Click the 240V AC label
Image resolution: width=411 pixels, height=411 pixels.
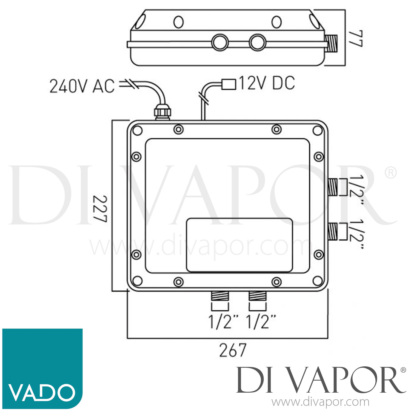82,86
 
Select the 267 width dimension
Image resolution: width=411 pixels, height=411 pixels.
233,350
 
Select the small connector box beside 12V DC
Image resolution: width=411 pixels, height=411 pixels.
229,84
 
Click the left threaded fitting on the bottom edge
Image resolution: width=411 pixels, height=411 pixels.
220,296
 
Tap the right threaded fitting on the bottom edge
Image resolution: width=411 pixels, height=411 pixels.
257,296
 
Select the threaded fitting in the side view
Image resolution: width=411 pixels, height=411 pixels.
332,43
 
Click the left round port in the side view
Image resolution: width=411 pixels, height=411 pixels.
220,42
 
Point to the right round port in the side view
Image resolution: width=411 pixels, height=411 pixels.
258,42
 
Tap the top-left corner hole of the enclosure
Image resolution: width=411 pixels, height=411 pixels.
137,131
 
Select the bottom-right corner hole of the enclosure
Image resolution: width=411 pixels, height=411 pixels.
318,281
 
